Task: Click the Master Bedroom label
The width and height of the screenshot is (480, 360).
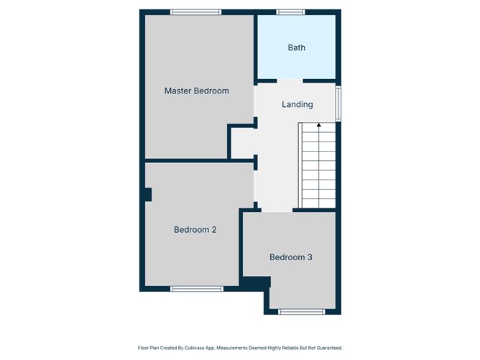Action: click(196, 91)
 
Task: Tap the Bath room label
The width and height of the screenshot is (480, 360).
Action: click(296, 47)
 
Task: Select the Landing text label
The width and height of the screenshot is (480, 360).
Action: click(297, 104)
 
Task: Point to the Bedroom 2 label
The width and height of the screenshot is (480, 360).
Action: click(195, 230)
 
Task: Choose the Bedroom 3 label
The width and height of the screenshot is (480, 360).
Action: click(290, 257)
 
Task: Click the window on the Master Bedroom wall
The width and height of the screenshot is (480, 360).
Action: click(196, 11)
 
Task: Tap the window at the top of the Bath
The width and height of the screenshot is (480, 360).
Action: click(290, 11)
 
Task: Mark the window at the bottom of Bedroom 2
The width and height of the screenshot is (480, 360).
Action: click(196, 289)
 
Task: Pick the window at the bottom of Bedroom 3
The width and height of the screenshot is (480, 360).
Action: click(301, 311)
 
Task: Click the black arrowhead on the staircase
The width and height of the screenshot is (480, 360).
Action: click(319, 125)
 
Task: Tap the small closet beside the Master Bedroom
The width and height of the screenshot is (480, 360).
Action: click(242, 143)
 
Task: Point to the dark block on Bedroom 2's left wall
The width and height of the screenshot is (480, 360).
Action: click(147, 194)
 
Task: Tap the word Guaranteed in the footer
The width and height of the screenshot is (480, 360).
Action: click(325, 347)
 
